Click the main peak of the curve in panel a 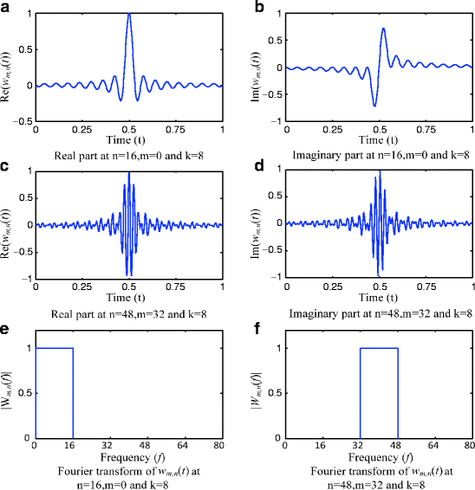129,15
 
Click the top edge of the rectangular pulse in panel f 379,349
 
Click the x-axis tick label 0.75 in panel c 176,285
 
